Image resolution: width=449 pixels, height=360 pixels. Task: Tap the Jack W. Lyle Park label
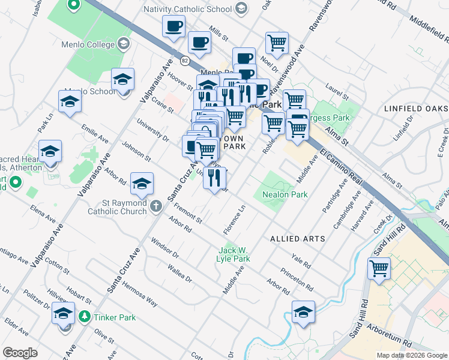point(233,254)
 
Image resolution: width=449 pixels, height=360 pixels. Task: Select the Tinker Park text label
point(113,316)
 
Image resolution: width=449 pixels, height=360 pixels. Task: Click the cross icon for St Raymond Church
point(155,207)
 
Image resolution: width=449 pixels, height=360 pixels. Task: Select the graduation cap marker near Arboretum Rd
point(304,312)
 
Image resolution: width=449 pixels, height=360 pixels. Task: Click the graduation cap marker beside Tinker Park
point(63,313)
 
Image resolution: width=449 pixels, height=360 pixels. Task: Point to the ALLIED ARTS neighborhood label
point(298,239)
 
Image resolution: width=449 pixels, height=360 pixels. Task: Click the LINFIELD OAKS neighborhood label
point(415,109)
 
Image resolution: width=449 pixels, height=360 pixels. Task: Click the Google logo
point(20,353)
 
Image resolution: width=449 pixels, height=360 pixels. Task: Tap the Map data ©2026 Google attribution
point(411,355)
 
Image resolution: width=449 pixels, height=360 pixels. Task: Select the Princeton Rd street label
point(294,280)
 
